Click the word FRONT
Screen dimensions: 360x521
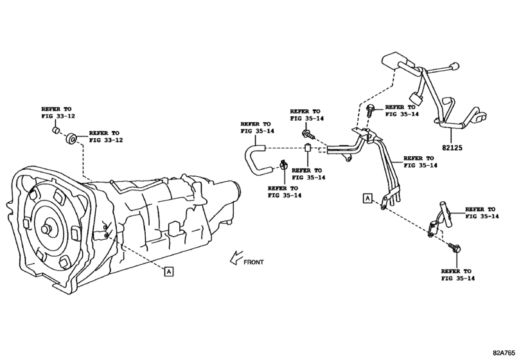tap(253, 262)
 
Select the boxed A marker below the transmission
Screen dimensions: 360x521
tap(168, 271)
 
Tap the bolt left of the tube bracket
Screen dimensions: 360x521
tap(308, 135)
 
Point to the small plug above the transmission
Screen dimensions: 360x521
tap(56, 132)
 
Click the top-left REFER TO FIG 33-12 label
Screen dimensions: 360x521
tap(57, 114)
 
